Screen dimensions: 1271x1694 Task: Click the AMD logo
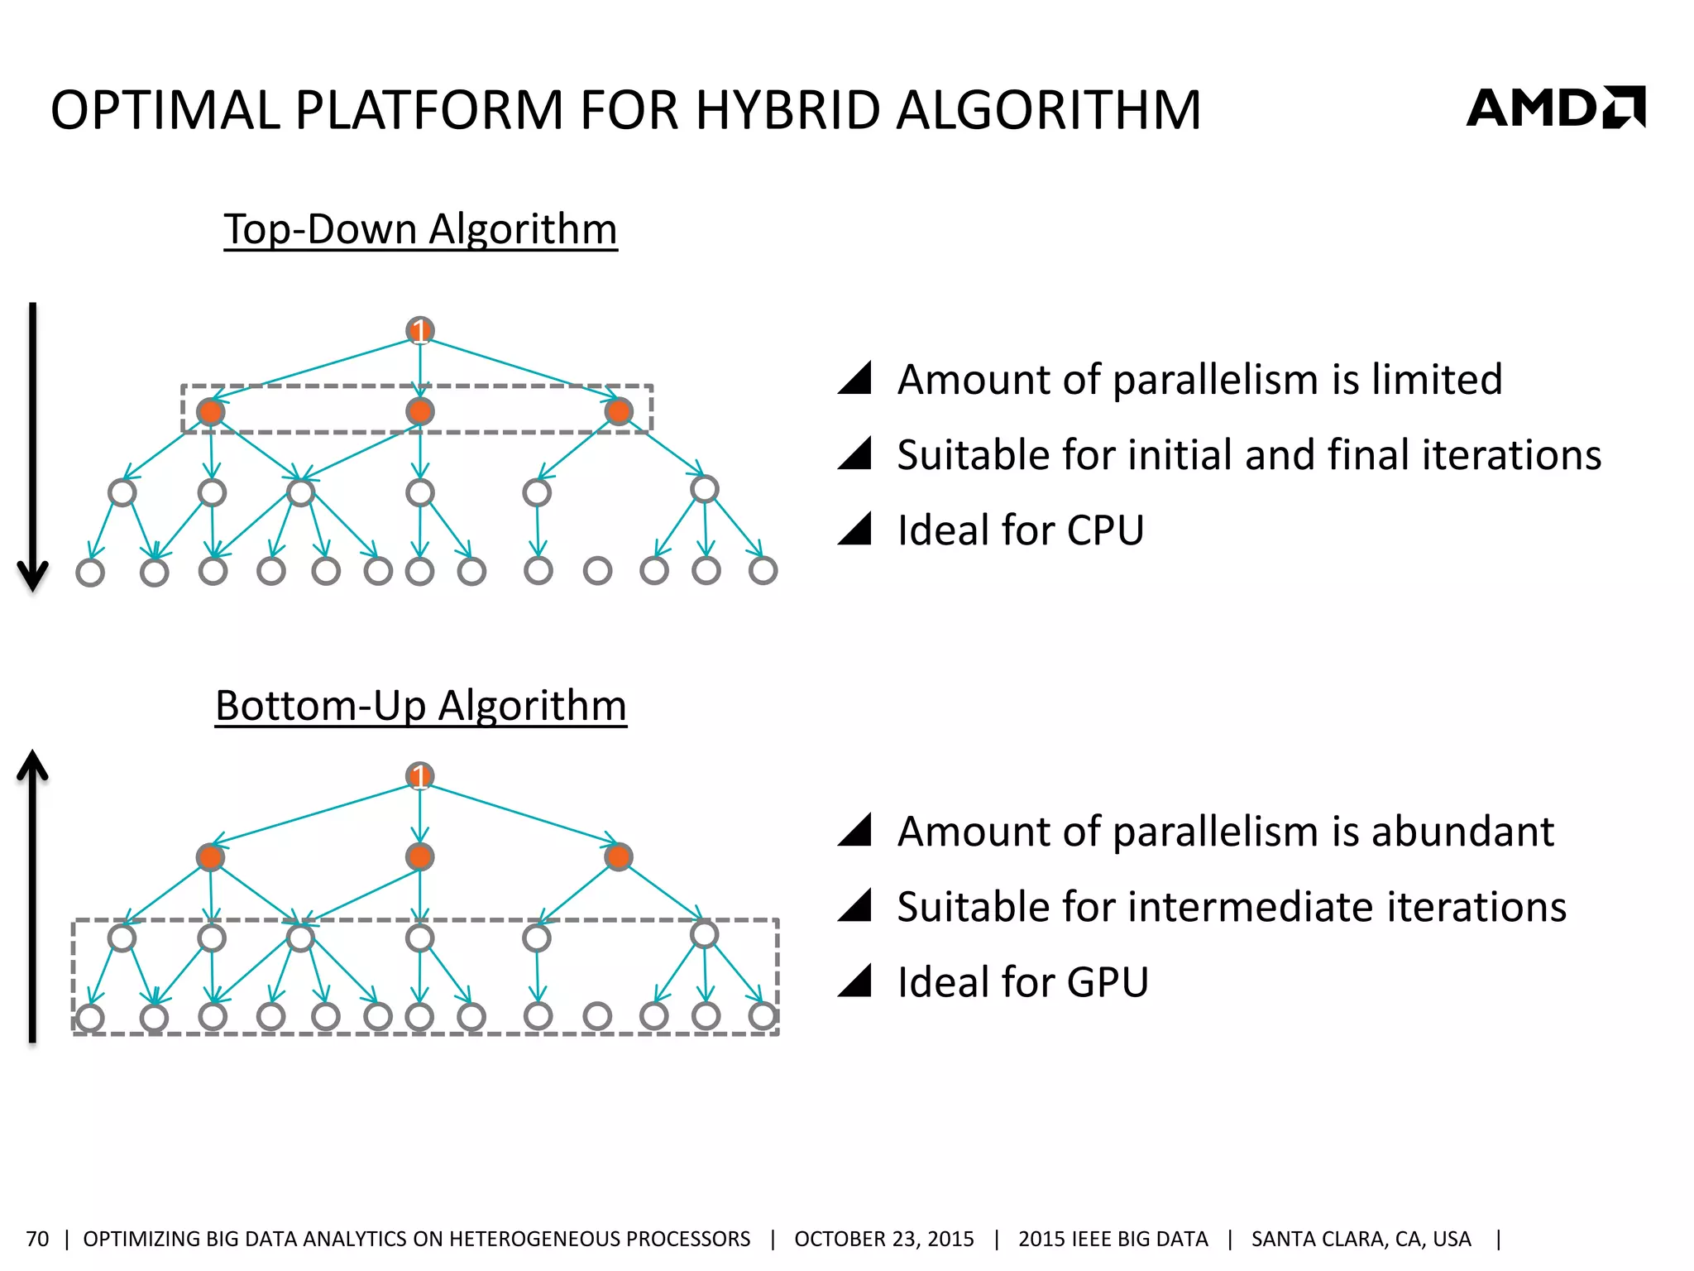tap(1555, 108)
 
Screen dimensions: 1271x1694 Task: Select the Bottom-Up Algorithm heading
tap(420, 705)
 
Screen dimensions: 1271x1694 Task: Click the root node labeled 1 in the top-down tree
tap(420, 331)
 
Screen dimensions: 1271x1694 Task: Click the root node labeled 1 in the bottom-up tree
tap(420, 776)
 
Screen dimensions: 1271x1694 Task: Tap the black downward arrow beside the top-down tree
tap(33, 447)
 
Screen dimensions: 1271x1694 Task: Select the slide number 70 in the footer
tap(37, 1239)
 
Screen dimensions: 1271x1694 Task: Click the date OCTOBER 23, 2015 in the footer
tap(883, 1239)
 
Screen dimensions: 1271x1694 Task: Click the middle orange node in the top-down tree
tap(420, 411)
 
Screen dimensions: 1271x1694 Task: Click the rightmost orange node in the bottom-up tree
tap(619, 856)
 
